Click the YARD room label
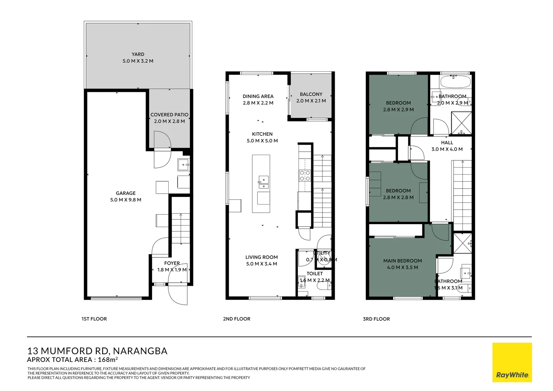click(138, 54)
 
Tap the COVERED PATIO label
click(169, 114)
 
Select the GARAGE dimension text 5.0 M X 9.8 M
click(126, 200)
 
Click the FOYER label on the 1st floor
click(172, 263)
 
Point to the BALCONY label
click(311, 94)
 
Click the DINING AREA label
click(258, 96)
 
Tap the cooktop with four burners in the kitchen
click(305, 176)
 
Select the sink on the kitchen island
click(263, 182)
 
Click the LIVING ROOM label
click(262, 257)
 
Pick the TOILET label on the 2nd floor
click(315, 274)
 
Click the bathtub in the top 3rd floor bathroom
click(455, 81)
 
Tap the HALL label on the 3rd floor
click(447, 143)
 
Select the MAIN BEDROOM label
click(402, 261)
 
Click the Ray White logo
click(512, 362)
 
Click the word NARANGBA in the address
click(140, 351)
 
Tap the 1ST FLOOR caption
click(94, 319)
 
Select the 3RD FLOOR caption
click(376, 319)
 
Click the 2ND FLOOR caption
click(237, 319)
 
